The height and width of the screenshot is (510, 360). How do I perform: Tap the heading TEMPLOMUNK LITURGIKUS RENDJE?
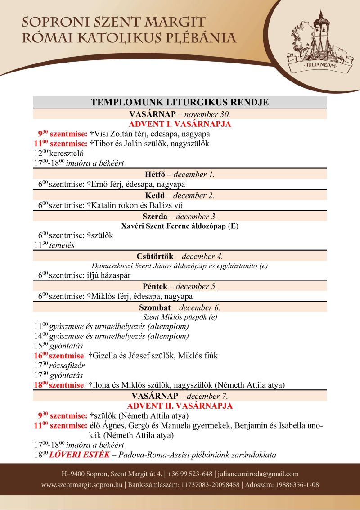[180, 102]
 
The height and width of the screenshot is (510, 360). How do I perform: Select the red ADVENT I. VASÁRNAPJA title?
[180, 124]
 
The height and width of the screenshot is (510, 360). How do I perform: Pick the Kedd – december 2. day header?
[180, 195]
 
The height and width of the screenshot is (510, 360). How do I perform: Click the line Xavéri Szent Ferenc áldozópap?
[180, 226]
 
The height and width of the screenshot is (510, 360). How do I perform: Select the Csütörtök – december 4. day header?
[180, 257]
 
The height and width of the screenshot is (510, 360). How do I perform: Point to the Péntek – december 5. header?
[180, 286]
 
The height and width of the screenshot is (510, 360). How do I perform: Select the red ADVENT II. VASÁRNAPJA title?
[180, 406]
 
